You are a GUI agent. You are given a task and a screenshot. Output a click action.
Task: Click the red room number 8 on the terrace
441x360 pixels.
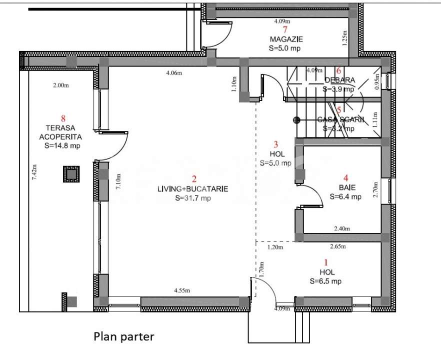coord(63,118)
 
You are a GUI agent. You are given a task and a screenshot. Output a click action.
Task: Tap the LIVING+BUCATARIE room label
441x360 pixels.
coord(194,189)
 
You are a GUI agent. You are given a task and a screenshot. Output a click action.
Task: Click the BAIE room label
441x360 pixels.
coord(345,188)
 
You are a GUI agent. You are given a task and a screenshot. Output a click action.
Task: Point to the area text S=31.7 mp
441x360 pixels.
coord(194,198)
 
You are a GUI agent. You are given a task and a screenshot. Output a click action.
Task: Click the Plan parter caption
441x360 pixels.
coord(124,336)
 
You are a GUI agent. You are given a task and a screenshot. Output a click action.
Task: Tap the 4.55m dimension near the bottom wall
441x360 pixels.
coord(182,290)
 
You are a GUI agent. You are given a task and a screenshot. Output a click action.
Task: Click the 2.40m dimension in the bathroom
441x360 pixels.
coord(342,228)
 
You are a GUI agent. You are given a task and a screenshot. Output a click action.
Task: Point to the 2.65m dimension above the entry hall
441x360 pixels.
coord(338,246)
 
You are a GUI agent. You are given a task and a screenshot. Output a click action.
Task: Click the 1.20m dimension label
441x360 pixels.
coord(275,247)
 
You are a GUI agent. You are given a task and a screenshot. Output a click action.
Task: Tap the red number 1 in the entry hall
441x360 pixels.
coord(326,262)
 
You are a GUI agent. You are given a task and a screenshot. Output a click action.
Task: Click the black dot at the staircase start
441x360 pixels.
coord(296,120)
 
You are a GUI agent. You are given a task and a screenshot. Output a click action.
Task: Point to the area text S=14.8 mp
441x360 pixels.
coord(62,145)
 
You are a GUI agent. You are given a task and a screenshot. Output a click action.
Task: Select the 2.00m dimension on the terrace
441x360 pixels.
coord(60,85)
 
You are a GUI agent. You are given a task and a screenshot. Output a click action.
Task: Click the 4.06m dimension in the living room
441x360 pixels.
coord(174,73)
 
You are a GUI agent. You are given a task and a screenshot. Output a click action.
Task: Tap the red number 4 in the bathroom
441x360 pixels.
coord(345,177)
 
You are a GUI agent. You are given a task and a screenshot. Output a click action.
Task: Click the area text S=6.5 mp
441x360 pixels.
coord(325,281)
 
